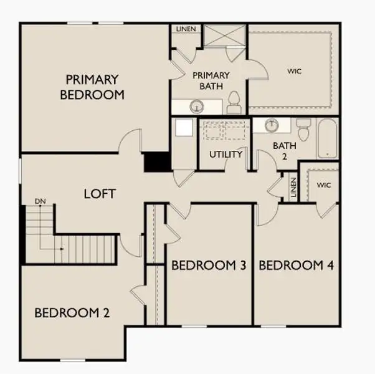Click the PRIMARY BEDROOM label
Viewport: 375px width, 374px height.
tap(92, 87)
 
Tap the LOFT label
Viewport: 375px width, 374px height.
tap(100, 194)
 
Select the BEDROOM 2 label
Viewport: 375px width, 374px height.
tap(72, 313)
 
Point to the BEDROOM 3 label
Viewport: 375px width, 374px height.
tap(209, 266)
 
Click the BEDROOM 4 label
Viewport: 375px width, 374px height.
tap(296, 266)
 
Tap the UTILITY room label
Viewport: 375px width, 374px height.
tap(225, 154)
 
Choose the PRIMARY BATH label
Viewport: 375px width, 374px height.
tap(211, 80)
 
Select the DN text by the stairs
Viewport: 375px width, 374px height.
tap(40, 201)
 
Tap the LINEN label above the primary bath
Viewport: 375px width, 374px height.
tap(185, 29)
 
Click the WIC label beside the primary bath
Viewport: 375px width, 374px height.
tap(294, 71)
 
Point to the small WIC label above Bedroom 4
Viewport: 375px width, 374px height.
tap(324, 185)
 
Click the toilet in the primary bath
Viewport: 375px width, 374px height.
tap(234, 103)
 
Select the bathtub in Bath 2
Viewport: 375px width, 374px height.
tap(328, 139)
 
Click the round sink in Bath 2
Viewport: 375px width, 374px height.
tap(272, 125)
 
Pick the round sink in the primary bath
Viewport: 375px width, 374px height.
tap(196, 107)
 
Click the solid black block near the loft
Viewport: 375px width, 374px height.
tap(157, 162)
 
